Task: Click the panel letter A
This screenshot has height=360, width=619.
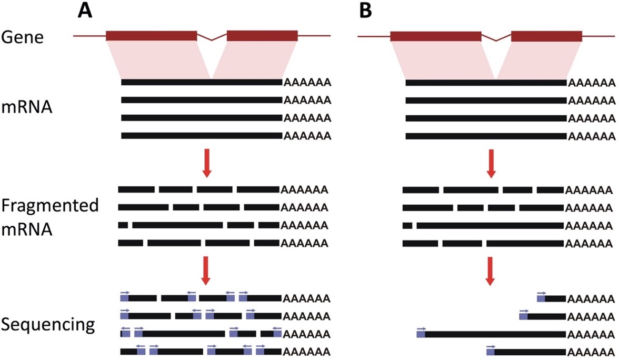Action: click(x=85, y=10)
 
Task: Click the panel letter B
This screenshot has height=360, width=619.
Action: click(x=365, y=10)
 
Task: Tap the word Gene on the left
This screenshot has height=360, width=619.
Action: click(x=22, y=37)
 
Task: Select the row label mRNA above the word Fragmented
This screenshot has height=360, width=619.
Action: click(x=26, y=106)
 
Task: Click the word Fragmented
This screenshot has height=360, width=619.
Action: click(x=49, y=206)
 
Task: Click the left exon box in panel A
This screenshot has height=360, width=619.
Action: click(x=151, y=36)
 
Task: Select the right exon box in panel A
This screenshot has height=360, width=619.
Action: click(x=262, y=36)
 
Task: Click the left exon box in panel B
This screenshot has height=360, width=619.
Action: click(x=436, y=36)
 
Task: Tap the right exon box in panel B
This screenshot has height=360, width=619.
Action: click(x=546, y=36)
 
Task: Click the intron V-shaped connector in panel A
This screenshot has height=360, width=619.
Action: click(x=212, y=37)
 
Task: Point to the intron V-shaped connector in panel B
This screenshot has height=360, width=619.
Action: click(x=496, y=37)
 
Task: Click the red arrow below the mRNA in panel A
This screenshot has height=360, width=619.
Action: click(x=206, y=163)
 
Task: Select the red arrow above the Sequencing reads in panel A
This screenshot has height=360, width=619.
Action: click(x=206, y=271)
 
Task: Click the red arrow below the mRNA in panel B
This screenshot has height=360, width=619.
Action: click(x=491, y=163)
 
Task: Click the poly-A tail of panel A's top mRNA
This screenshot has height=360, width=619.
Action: click(x=307, y=83)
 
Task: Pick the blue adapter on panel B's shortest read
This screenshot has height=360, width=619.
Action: click(x=541, y=298)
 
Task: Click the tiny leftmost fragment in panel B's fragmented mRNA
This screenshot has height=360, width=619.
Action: click(x=407, y=226)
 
